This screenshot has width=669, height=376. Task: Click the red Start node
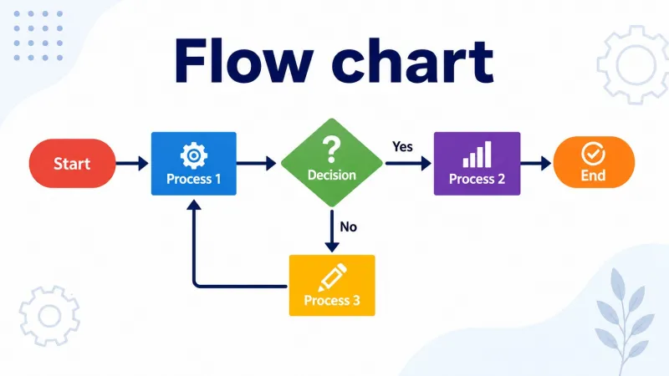point(72,163)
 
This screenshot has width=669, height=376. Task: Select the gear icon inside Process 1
point(194,155)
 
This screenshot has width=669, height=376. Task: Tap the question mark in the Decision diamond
point(331,150)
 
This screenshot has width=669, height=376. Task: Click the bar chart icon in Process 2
point(477,155)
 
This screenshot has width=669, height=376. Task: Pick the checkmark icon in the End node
point(593,154)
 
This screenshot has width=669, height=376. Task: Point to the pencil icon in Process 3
point(332,277)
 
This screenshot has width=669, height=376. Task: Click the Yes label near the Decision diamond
point(402,147)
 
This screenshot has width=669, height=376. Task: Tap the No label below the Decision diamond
point(348,226)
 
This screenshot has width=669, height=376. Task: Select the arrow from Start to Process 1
point(132,163)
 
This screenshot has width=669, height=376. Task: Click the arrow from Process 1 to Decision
point(257,163)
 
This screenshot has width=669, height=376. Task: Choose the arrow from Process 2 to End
point(536,163)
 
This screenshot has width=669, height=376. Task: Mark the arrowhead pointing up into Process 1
point(194,205)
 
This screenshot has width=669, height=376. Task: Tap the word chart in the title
point(413,62)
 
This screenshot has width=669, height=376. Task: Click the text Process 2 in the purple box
point(477,179)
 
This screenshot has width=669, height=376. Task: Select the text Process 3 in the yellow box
point(332,301)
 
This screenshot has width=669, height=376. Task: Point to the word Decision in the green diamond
point(332,175)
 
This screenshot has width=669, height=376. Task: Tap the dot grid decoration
point(38,36)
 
